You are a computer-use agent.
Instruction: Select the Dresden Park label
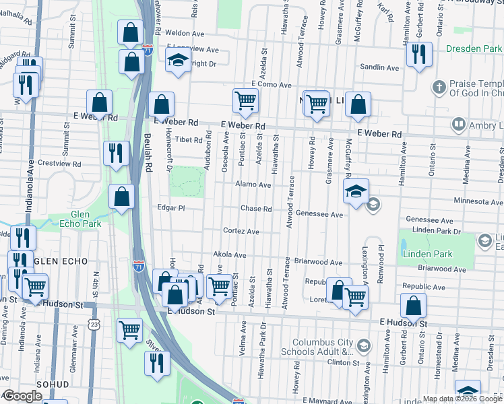tap(474, 49)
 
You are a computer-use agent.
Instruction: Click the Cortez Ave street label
tap(241, 231)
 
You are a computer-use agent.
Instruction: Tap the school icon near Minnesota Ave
tap(356, 191)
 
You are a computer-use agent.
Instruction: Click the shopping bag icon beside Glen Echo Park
tap(121, 197)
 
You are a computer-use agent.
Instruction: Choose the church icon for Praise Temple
tap(439, 87)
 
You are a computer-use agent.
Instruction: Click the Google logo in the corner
tap(22, 396)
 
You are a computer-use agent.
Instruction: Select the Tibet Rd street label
tap(189, 140)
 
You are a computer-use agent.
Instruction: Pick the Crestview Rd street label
tap(59, 164)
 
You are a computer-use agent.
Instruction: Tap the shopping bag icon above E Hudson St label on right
tap(413, 307)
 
